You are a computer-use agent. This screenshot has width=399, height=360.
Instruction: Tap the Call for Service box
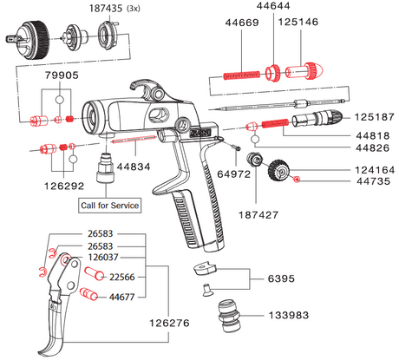click(x=108, y=206)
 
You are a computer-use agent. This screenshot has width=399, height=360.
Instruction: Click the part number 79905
click(x=57, y=75)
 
